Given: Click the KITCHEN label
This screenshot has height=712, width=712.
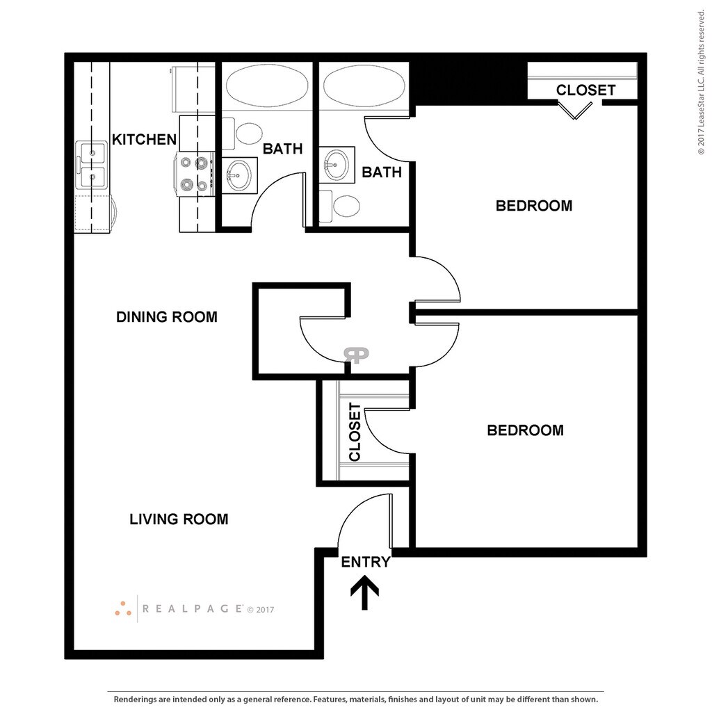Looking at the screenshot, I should click(x=145, y=140).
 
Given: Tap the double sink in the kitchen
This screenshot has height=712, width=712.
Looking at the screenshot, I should click(x=90, y=165).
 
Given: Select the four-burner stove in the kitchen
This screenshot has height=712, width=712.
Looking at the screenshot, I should click(x=195, y=173).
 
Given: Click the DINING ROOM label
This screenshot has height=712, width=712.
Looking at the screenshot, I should click(x=166, y=317).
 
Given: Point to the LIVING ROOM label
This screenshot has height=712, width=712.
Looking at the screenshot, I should click(x=179, y=519).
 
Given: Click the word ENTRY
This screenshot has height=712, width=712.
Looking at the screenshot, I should click(x=365, y=563).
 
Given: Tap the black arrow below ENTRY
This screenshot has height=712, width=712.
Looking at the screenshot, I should click(x=364, y=595).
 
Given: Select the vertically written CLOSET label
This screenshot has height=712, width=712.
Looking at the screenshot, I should click(x=355, y=432).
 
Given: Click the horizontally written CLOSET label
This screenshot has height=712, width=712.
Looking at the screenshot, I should click(x=585, y=90).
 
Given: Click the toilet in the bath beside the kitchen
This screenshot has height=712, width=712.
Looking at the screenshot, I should click(x=248, y=132).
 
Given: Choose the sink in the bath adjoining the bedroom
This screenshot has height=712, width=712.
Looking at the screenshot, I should click(x=337, y=165).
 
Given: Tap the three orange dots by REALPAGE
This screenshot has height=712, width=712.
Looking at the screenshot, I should click(x=123, y=608).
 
